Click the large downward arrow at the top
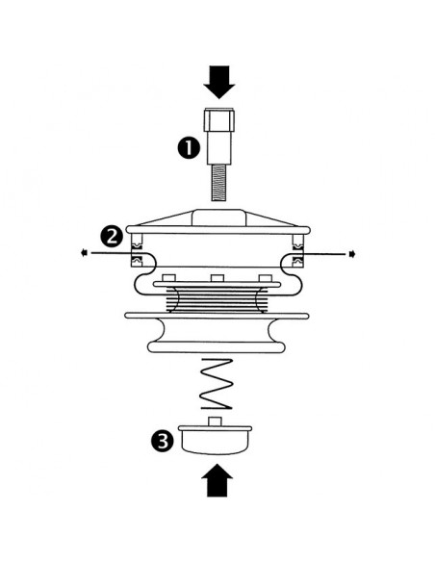coord(218,82)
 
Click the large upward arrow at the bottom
coord(217,480)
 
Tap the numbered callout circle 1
coord(189,148)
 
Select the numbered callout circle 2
coord(112,236)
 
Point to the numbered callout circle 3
coord(163,441)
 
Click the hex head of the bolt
coord(218,120)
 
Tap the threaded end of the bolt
coord(219,183)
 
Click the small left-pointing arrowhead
coord(84,253)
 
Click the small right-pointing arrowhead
coord(352,254)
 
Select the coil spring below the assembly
coord(217,384)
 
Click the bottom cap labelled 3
coord(215,440)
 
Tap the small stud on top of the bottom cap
coord(215,421)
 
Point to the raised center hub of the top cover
coord(218,217)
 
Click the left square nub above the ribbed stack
coord(168,278)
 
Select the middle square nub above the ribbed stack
coord(217,278)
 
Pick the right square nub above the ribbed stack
coord(266,278)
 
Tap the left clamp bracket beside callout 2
coord(137,250)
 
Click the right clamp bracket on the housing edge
coord(298,250)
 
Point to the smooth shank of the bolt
coord(218,148)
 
